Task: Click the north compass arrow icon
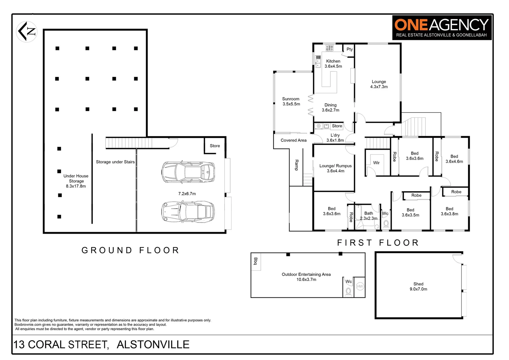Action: click(27, 32)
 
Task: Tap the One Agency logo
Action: click(441, 28)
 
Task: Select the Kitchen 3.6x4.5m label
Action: click(333, 64)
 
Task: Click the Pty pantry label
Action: click(349, 49)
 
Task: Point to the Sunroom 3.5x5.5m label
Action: click(291, 101)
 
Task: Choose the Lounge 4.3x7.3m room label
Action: click(379, 84)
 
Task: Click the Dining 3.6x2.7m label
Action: click(330, 107)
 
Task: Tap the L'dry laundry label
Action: click(335, 138)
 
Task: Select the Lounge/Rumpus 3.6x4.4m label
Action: click(335, 168)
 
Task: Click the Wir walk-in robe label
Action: click(376, 163)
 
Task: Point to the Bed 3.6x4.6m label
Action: click(454, 159)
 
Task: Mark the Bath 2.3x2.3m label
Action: click(368, 216)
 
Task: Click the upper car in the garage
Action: click(188, 172)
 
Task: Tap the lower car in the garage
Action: click(188, 211)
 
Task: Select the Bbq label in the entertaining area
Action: click(256, 261)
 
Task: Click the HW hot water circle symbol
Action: click(360, 286)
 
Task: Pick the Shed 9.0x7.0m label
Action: click(418, 286)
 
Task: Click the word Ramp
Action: click(296, 165)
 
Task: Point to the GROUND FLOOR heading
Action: click(131, 250)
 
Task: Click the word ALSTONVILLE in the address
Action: click(153, 344)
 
